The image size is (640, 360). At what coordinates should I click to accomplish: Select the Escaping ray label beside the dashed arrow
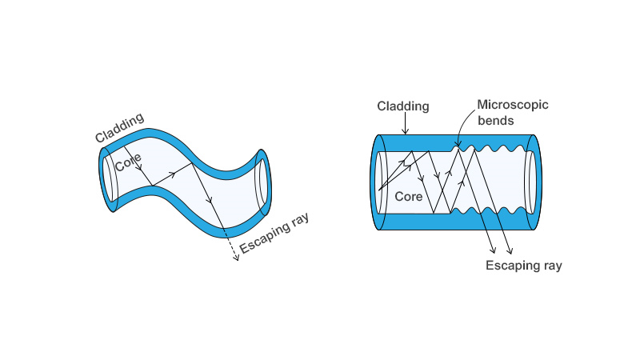(275, 234)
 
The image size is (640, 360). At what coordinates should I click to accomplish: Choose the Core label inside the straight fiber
(409, 196)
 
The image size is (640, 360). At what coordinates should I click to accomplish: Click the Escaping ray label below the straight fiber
(524, 265)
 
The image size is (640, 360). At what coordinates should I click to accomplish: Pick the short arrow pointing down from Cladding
(406, 122)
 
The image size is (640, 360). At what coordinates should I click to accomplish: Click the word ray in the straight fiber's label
(550, 265)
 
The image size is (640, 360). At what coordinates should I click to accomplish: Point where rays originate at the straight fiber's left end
(380, 190)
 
